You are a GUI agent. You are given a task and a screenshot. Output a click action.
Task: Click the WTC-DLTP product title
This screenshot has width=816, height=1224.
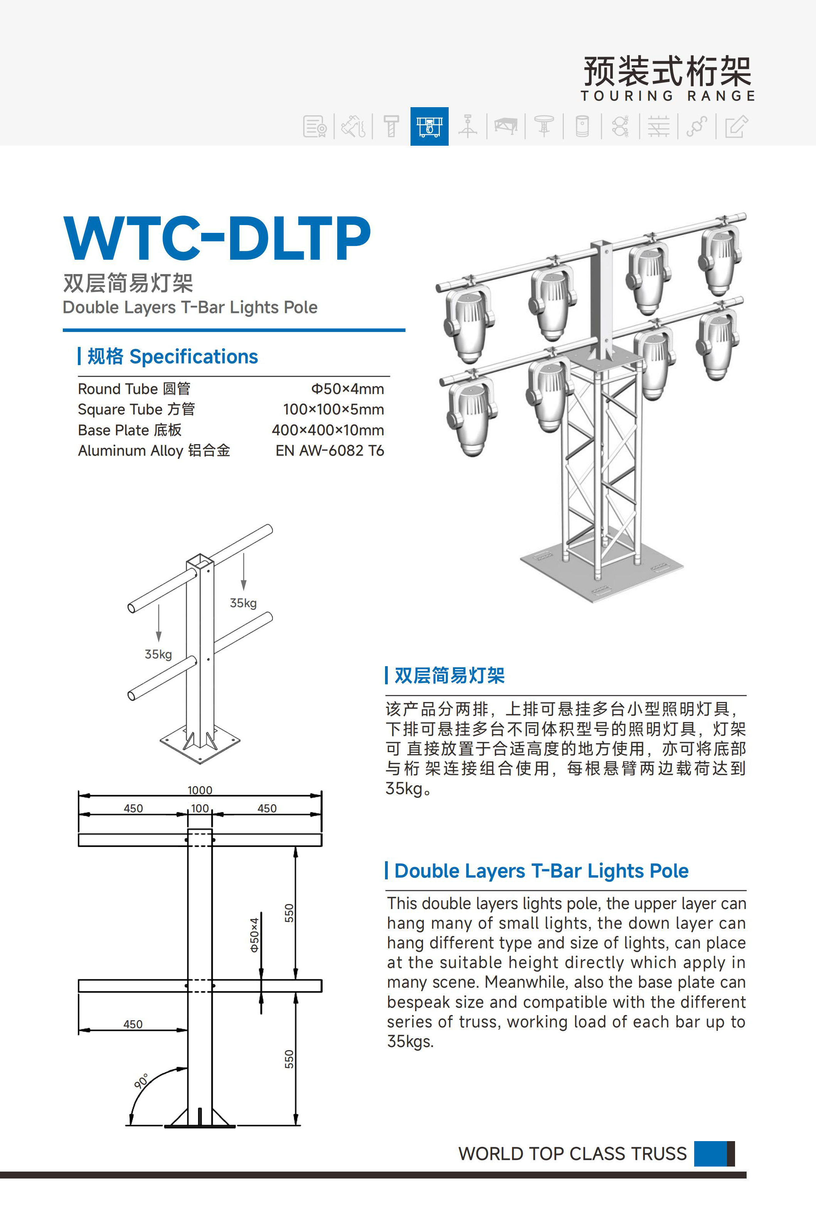(x=217, y=239)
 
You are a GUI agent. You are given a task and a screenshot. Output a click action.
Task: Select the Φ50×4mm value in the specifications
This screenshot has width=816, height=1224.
(x=347, y=389)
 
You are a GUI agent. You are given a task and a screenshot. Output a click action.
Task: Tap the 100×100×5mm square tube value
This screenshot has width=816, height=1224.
(x=333, y=409)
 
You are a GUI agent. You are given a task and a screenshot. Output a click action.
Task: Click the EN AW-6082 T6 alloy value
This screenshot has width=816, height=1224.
(x=330, y=451)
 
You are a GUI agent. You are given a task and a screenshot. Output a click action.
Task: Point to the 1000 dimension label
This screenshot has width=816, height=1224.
(x=200, y=790)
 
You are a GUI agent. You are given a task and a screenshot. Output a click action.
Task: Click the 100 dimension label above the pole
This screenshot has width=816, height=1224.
(x=200, y=808)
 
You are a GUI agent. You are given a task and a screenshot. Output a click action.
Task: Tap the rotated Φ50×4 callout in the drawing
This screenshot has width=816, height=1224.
(x=254, y=934)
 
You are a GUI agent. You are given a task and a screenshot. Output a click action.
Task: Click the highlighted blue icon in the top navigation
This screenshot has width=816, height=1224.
(x=429, y=126)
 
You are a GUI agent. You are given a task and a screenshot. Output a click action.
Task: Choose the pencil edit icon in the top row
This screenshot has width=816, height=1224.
(x=736, y=126)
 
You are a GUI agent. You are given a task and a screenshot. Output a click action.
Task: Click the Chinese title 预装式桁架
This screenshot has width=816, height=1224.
(x=667, y=71)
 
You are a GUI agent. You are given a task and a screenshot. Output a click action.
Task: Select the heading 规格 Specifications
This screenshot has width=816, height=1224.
(x=172, y=357)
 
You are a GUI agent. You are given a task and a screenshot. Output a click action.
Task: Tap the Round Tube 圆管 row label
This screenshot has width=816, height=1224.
(x=134, y=389)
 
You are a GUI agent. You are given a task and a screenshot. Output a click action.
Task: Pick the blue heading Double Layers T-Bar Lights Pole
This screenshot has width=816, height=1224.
(x=541, y=870)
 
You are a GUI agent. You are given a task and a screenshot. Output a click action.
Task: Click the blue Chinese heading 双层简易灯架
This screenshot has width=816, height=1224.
(x=450, y=675)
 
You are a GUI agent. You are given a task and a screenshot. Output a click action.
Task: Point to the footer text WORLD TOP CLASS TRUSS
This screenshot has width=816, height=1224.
(x=572, y=1154)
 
